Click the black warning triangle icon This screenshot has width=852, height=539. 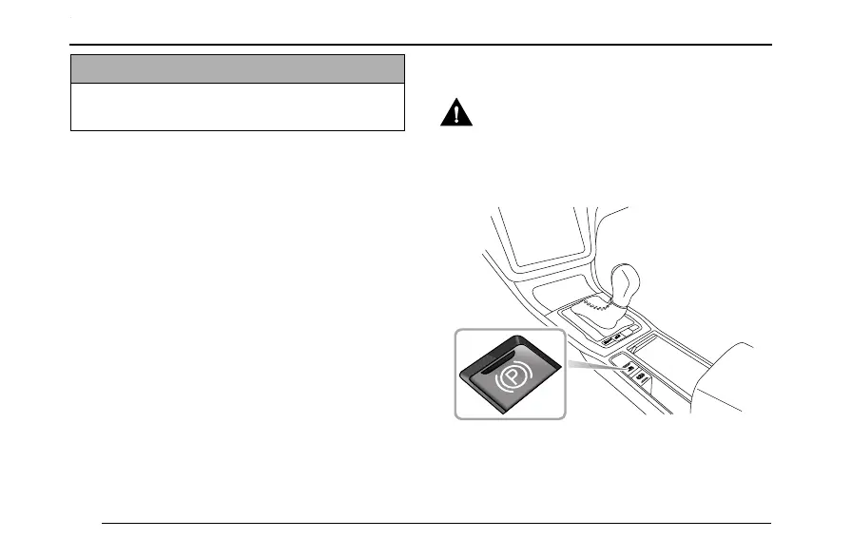tap(457, 115)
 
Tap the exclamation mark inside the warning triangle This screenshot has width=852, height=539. tap(457, 117)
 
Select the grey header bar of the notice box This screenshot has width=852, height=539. tap(238, 68)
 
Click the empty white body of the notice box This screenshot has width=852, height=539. tap(238, 106)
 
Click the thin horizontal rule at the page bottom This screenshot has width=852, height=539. tap(437, 523)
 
